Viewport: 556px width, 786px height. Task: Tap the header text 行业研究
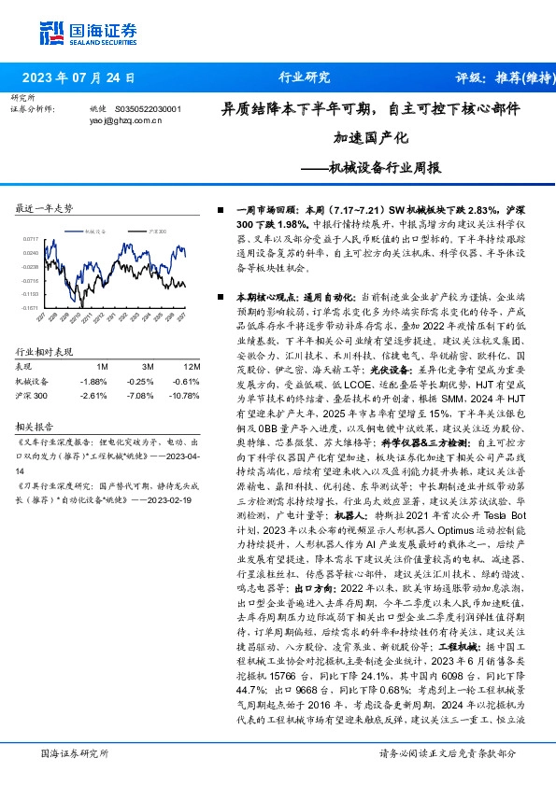pyautogui.click(x=305, y=78)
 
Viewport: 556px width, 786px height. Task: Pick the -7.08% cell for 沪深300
pyautogui.click(x=143, y=395)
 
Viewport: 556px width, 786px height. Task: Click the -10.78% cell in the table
pyautogui.click(x=188, y=395)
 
